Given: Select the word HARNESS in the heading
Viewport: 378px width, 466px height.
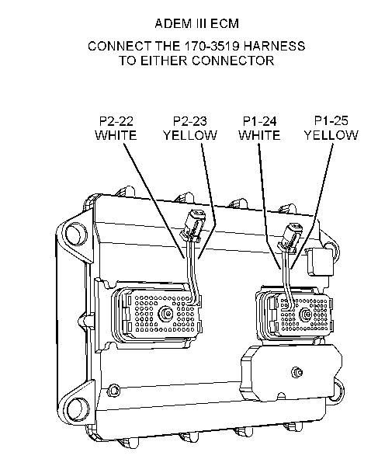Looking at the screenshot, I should (x=276, y=46).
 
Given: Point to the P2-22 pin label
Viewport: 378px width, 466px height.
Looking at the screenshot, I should (x=116, y=120).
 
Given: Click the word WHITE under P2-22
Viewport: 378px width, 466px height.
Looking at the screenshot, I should (x=116, y=135).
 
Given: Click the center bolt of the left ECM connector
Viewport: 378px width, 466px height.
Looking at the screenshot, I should (x=164, y=315).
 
